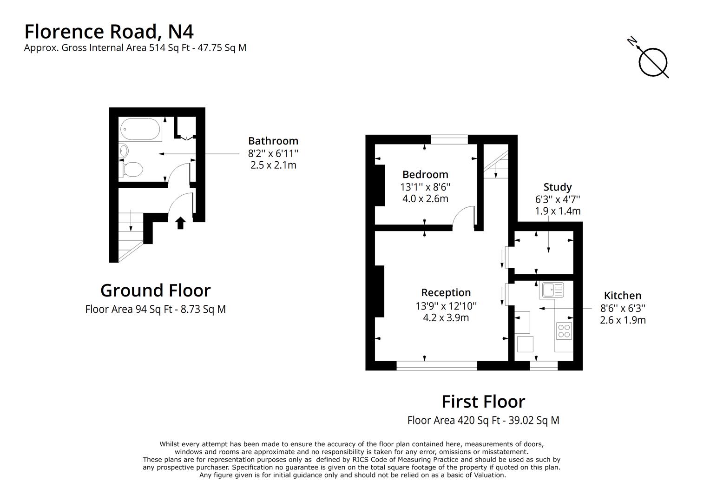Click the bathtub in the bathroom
coord(140,129)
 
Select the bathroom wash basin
coord(123,151)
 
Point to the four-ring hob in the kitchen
coord(564,331)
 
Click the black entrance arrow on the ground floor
coord(180,223)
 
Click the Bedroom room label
coord(425,174)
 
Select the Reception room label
coord(446,292)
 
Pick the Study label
coord(558,187)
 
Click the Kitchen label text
coord(623,296)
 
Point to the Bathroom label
coord(273,141)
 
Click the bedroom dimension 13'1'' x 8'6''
coord(425,187)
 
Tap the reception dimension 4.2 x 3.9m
coord(446,317)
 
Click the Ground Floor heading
coord(155,290)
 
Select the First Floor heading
coord(483,402)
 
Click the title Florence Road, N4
coord(109,32)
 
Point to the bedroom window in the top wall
coord(449,139)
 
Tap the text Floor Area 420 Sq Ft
coord(454,420)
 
